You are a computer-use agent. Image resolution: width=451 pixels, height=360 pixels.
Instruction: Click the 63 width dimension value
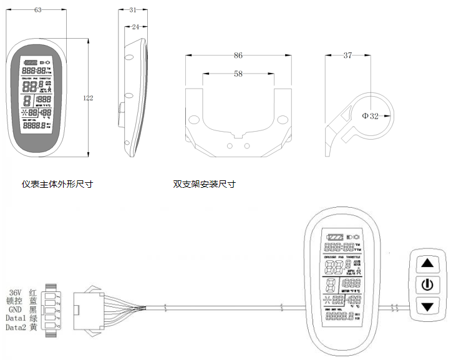tap(39, 10)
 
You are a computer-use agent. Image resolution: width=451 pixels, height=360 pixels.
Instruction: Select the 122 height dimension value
tap(88, 97)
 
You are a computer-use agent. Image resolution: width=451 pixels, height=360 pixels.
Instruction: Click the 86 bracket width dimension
tap(238, 56)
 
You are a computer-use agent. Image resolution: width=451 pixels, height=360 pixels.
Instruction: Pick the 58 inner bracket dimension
tap(238, 74)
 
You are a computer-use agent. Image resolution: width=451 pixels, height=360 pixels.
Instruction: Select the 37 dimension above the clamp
tap(347, 56)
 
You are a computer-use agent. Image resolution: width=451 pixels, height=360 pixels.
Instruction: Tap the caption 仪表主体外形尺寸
tap(53, 184)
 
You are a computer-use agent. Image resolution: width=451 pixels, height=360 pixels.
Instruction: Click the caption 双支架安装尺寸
tap(205, 184)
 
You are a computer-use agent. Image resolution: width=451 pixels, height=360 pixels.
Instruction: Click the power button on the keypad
tap(427, 285)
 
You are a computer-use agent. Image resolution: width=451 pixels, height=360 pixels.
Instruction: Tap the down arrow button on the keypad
tap(427, 307)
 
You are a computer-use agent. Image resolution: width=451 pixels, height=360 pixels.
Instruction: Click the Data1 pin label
tap(15, 319)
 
